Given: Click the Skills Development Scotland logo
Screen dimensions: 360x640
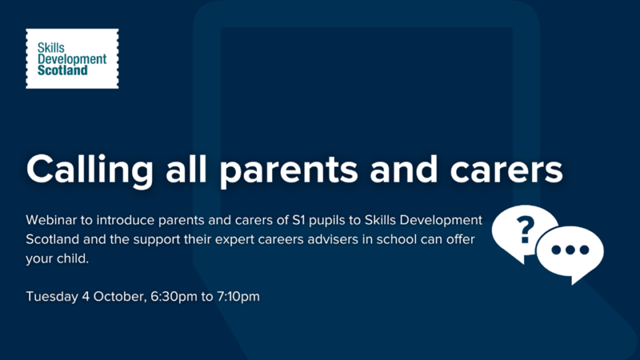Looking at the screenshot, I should (x=72, y=59).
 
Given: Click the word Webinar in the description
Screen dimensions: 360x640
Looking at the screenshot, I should (x=52, y=221).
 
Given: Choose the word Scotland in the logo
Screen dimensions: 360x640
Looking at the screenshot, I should (x=63, y=71).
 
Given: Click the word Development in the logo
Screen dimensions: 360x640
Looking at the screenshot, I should (x=72, y=59).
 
